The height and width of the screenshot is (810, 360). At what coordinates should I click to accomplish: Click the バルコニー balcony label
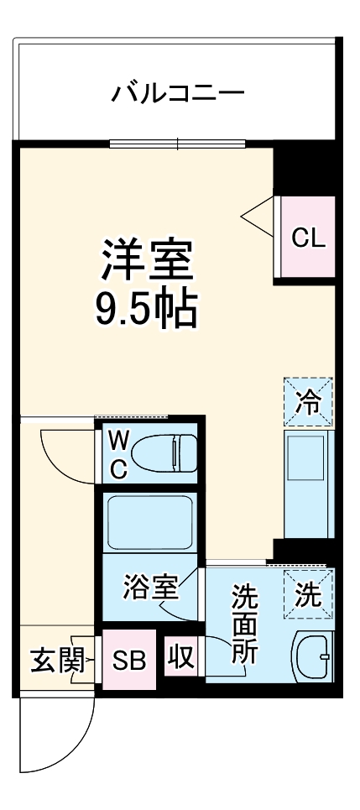pos(178,91)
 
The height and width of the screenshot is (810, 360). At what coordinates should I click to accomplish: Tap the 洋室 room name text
pos(148,261)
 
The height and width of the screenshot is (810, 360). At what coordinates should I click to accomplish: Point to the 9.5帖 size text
pos(148,310)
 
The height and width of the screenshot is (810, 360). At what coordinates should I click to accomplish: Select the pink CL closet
pos(307,238)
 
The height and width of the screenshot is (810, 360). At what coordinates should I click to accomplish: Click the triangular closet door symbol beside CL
pos(259,217)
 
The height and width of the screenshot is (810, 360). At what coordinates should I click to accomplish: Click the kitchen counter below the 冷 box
pos(308,483)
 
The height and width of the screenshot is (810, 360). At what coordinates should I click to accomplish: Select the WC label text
pos(118,455)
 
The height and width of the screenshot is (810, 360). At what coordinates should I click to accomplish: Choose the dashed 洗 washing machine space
pos(308,594)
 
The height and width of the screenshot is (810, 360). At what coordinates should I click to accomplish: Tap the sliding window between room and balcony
pos(177,144)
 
